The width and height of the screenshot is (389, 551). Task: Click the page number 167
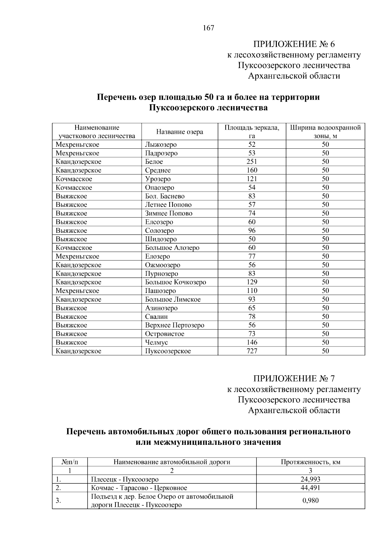208,28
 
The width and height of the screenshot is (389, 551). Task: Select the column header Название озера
180,132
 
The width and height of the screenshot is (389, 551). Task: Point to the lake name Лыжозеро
161,145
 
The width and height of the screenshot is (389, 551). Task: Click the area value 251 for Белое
252,162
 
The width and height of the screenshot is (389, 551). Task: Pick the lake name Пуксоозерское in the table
168,351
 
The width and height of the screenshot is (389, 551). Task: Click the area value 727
252,351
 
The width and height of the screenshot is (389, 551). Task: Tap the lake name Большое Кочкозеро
175,282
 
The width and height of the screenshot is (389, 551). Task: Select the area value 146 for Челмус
252,342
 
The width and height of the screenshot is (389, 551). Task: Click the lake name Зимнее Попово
169,213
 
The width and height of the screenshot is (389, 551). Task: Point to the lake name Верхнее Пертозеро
174,325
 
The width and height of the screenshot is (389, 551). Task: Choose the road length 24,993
310,479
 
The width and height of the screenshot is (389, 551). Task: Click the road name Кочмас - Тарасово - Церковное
139,488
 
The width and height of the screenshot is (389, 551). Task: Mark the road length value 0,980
310,500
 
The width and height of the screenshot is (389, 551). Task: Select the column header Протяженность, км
310,462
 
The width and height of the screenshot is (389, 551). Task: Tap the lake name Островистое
164,334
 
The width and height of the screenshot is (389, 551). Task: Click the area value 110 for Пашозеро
252,291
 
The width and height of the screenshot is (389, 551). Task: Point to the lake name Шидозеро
161,239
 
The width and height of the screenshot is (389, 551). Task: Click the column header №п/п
70,462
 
